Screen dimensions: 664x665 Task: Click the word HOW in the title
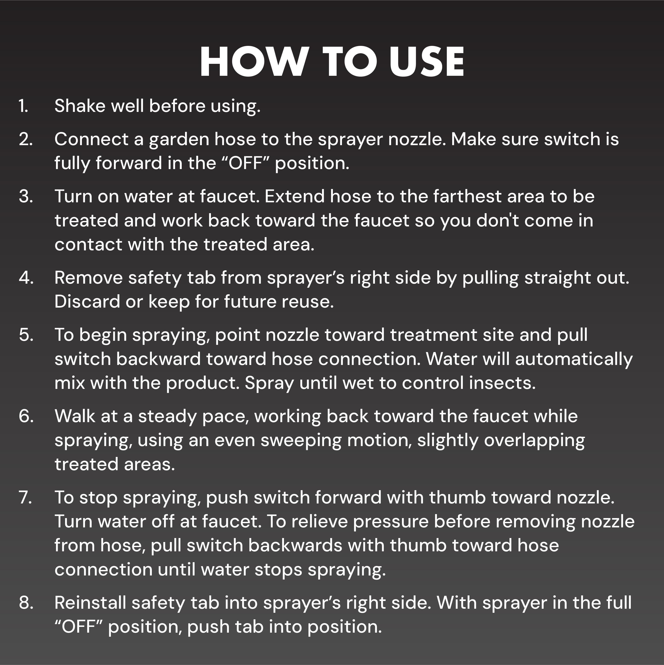(x=253, y=62)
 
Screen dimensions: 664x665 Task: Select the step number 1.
(x=23, y=106)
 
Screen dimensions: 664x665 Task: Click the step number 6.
(x=26, y=416)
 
